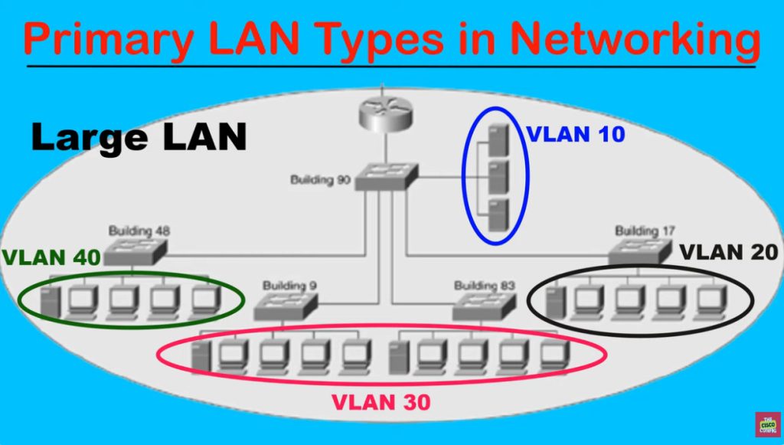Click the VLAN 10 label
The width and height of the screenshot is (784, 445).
tap(576, 134)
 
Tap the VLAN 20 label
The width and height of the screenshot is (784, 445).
tap(729, 252)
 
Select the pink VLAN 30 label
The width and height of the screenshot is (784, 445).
tap(381, 401)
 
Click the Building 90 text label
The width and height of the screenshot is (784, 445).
tap(320, 180)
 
